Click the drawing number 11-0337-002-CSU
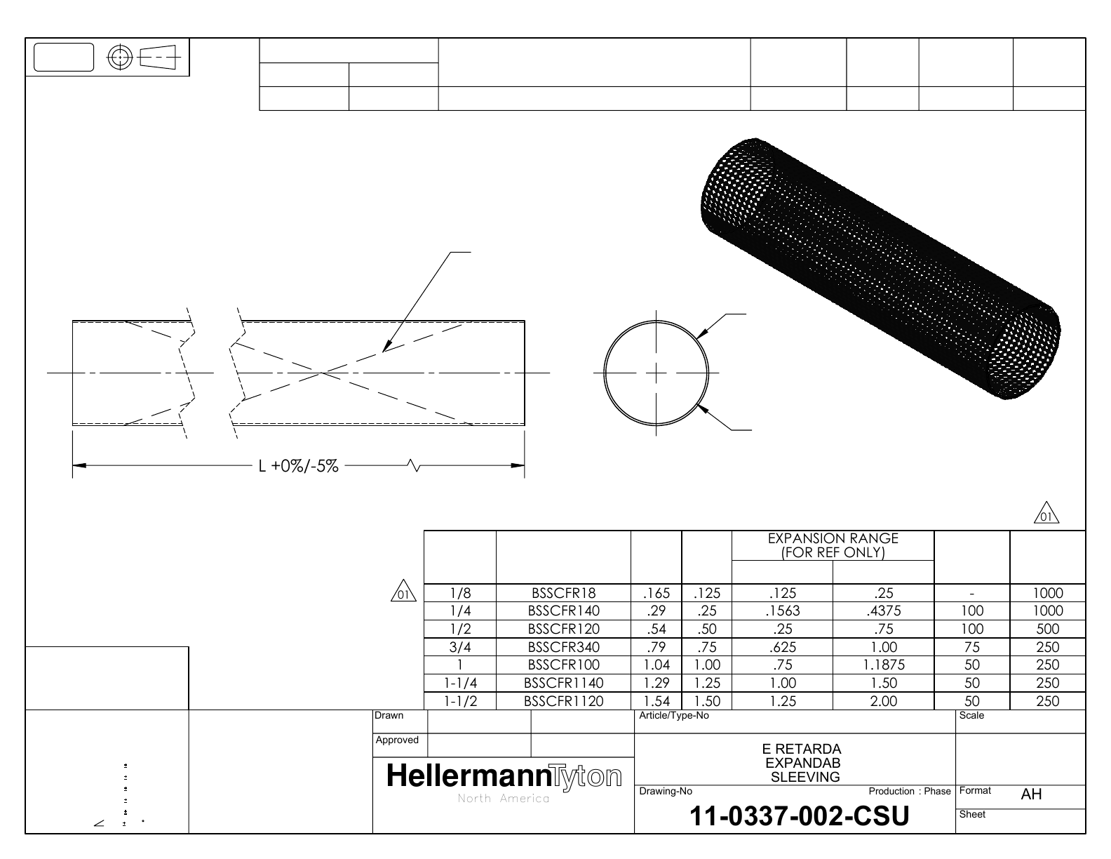click(x=800, y=816)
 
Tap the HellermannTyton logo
click(x=504, y=776)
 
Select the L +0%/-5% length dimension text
click(x=299, y=466)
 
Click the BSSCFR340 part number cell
click(x=564, y=647)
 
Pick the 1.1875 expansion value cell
click(x=883, y=665)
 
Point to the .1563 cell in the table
click(x=782, y=611)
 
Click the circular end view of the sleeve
click(x=656, y=372)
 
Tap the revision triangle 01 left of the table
click(x=403, y=592)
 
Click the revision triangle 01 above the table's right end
click(x=1046, y=514)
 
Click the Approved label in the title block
click(x=397, y=740)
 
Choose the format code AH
click(x=1031, y=794)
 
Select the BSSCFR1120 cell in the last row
click(x=564, y=700)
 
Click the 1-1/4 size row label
click(x=460, y=683)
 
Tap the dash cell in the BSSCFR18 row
click(x=971, y=594)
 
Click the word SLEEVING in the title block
click(x=805, y=777)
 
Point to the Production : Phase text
click(x=909, y=791)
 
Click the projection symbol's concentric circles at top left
click(x=121, y=57)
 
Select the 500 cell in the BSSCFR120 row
click(x=1048, y=629)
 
